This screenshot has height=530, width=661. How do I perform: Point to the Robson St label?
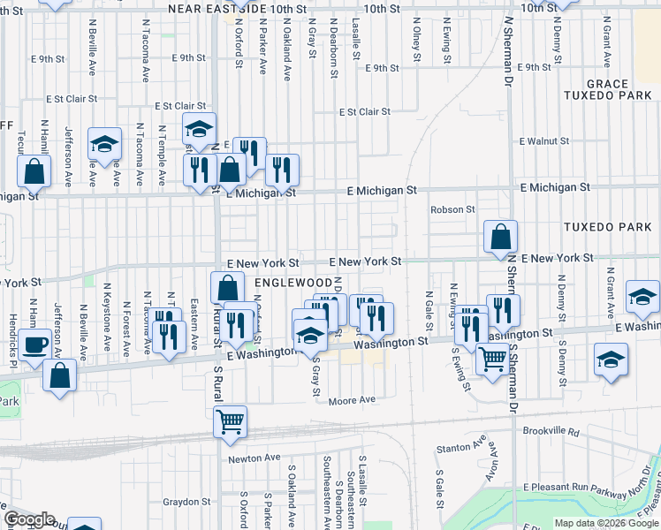pyautogui.click(x=452, y=209)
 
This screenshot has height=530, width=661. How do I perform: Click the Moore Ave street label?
pyautogui.click(x=352, y=401)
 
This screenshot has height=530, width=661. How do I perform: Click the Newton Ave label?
pyautogui.click(x=254, y=458)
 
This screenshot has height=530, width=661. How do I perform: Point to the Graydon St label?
pyautogui.click(x=184, y=502)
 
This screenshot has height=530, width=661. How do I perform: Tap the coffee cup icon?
pyautogui.click(x=35, y=344)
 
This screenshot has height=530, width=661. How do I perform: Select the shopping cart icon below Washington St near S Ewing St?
pyautogui.click(x=491, y=358)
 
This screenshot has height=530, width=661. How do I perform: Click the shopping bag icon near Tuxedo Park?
pyautogui.click(x=500, y=236)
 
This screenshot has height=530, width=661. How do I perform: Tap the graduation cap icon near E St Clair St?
pyautogui.click(x=199, y=128)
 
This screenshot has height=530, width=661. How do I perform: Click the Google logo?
pyautogui.click(x=29, y=519)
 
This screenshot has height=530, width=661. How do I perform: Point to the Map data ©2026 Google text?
pyautogui.click(x=605, y=523)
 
